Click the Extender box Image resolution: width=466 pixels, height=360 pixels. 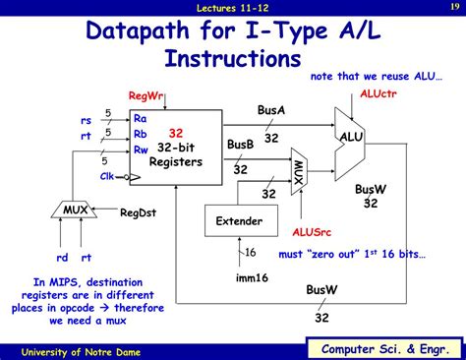239,221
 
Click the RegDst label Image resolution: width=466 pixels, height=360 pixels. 139,211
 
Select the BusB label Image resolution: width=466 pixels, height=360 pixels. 240,145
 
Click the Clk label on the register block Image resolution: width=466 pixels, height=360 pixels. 108,176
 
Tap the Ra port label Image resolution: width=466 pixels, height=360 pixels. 140,118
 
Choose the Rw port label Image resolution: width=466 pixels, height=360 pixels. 141,150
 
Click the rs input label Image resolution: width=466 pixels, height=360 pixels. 87,120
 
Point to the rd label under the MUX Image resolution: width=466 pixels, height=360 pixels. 62,258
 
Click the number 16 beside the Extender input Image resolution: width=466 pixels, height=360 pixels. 250,253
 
